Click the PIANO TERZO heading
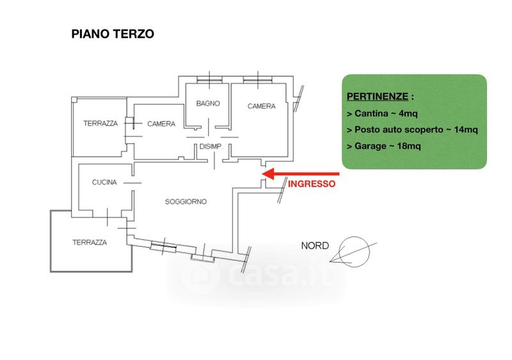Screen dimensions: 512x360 click(113, 34)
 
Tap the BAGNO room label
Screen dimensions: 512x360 click(208, 104)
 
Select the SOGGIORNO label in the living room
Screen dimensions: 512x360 click(186, 201)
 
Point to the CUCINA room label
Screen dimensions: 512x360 click(104, 182)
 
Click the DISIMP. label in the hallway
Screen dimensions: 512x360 click(211, 147)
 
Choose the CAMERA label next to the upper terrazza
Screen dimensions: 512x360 click(161, 123)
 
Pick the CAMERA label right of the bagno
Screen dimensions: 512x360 click(262, 106)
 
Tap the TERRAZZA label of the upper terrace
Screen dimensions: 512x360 click(100, 123)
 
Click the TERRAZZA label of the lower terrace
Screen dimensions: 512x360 click(90, 242)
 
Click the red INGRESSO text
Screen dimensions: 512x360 click(312, 184)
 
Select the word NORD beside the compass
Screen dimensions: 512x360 click(315, 246)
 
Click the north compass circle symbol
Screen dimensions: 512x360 click(354, 252)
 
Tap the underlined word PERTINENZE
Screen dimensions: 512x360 click(377, 97)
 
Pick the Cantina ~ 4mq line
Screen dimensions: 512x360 click(381, 114)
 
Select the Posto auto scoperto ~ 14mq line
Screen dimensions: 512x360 click(412, 130)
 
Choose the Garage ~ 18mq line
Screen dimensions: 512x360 click(383, 146)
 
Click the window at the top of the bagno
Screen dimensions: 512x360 click(210, 79)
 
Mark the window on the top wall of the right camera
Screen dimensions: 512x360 click(257, 79)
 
